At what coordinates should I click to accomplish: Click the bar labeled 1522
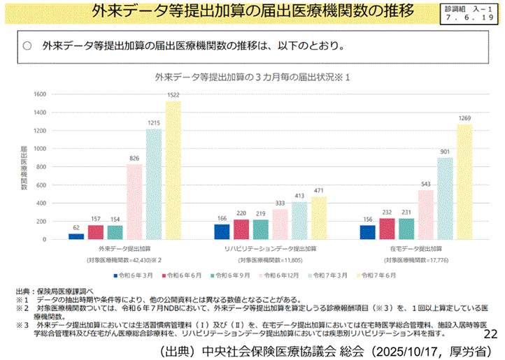(173, 171)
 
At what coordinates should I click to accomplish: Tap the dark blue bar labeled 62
(76, 236)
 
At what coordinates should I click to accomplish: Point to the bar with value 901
(445, 199)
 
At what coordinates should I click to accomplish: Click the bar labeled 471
(319, 218)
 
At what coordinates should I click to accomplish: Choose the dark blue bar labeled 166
(222, 231)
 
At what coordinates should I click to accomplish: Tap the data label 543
(425, 184)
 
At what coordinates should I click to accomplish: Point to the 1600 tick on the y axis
(39, 94)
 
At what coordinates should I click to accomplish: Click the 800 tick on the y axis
(41, 167)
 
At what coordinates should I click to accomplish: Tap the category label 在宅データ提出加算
(415, 249)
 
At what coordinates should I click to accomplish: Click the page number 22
(490, 333)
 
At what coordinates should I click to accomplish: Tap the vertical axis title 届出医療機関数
(24, 168)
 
